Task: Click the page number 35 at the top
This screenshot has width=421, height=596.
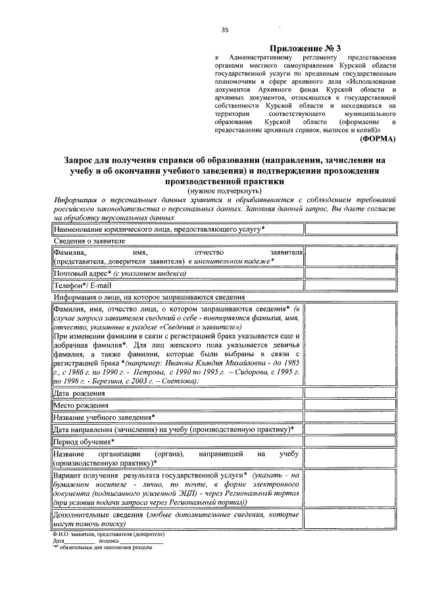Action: tap(224, 30)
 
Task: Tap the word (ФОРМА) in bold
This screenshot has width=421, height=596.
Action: tap(378, 140)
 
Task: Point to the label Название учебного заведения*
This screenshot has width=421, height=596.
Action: tap(104, 417)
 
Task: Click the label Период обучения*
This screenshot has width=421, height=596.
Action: tap(84, 441)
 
